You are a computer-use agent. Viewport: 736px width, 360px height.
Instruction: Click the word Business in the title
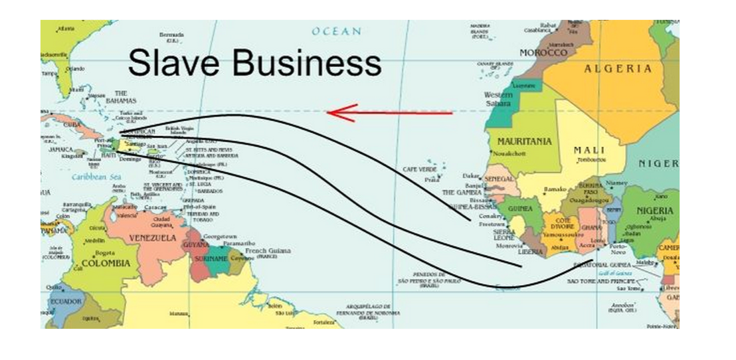pyautogui.click(x=306, y=64)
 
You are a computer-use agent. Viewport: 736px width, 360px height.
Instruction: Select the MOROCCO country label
pyautogui.click(x=543, y=52)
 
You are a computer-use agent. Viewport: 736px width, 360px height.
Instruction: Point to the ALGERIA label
pyautogui.click(x=618, y=69)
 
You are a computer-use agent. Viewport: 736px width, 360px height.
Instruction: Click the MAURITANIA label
pyautogui.click(x=524, y=141)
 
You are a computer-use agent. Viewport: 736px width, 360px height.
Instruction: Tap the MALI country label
pyautogui.click(x=589, y=151)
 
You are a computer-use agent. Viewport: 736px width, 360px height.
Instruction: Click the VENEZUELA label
pyautogui.click(x=153, y=238)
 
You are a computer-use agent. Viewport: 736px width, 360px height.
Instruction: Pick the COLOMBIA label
pyautogui.click(x=104, y=263)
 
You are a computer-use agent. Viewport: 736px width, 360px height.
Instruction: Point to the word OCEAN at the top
pyautogui.click(x=337, y=31)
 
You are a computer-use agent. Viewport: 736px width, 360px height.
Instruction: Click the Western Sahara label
pyautogui.click(x=498, y=99)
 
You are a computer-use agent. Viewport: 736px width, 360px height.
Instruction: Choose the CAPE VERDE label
pyautogui.click(x=419, y=169)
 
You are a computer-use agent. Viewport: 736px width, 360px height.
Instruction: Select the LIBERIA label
pyautogui.click(x=532, y=252)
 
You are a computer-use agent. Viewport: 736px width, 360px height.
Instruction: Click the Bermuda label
pyautogui.click(x=171, y=35)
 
